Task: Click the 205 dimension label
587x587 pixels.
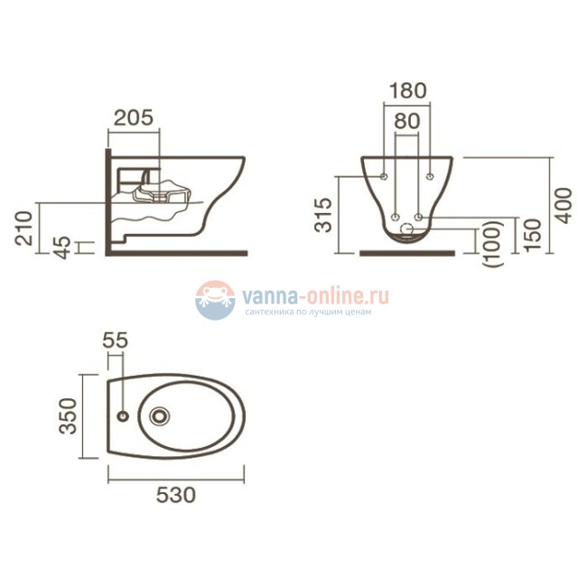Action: coord(134,118)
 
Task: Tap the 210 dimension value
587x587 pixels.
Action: coord(24,228)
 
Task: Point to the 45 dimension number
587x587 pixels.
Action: coord(62,247)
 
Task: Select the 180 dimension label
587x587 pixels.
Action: coord(407,91)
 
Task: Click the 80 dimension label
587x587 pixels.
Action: coord(407,121)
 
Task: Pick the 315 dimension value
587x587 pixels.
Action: coord(323,215)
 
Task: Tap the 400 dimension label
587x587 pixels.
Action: coord(564,206)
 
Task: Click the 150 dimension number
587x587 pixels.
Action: coord(533,235)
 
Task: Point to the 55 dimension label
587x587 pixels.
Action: coord(116,340)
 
